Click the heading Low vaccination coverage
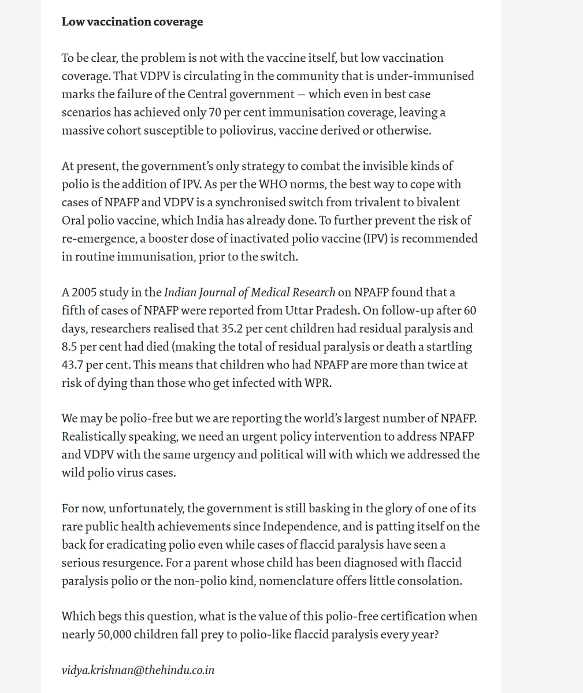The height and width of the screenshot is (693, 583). click(x=132, y=22)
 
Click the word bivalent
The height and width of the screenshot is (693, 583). click(x=439, y=202)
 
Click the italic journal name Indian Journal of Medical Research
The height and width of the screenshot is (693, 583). click(x=250, y=292)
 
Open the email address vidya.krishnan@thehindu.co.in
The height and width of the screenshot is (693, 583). click(x=138, y=670)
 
